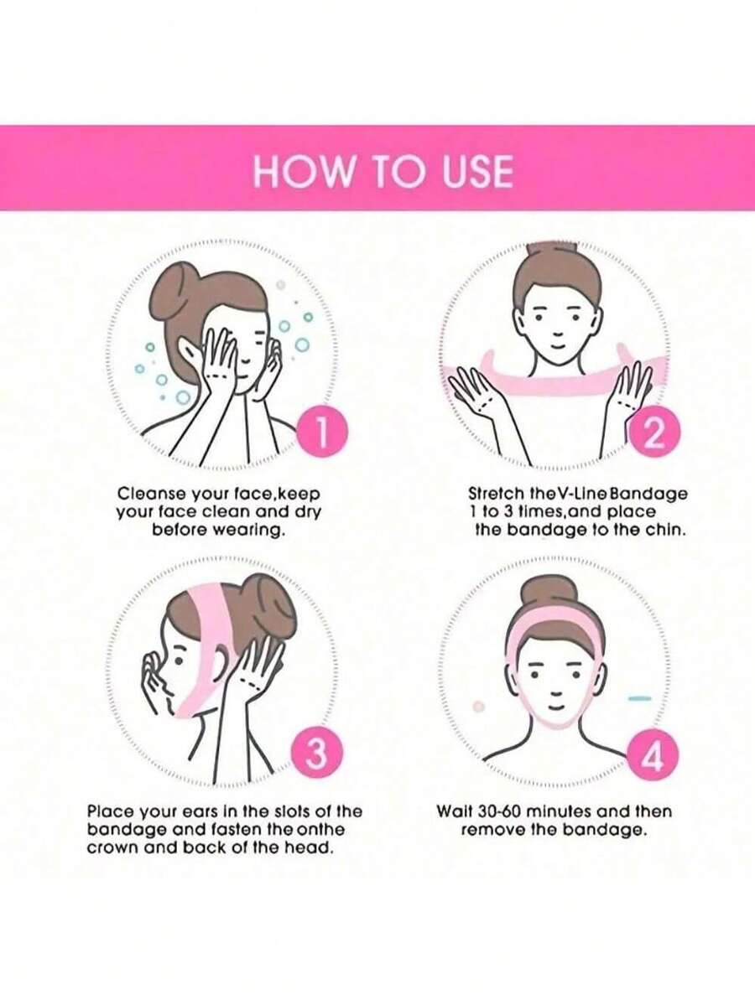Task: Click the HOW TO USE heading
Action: (383, 171)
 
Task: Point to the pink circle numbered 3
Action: (315, 754)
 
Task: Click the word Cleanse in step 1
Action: (151, 495)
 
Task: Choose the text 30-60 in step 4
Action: (497, 811)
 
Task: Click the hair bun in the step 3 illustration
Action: (277, 598)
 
